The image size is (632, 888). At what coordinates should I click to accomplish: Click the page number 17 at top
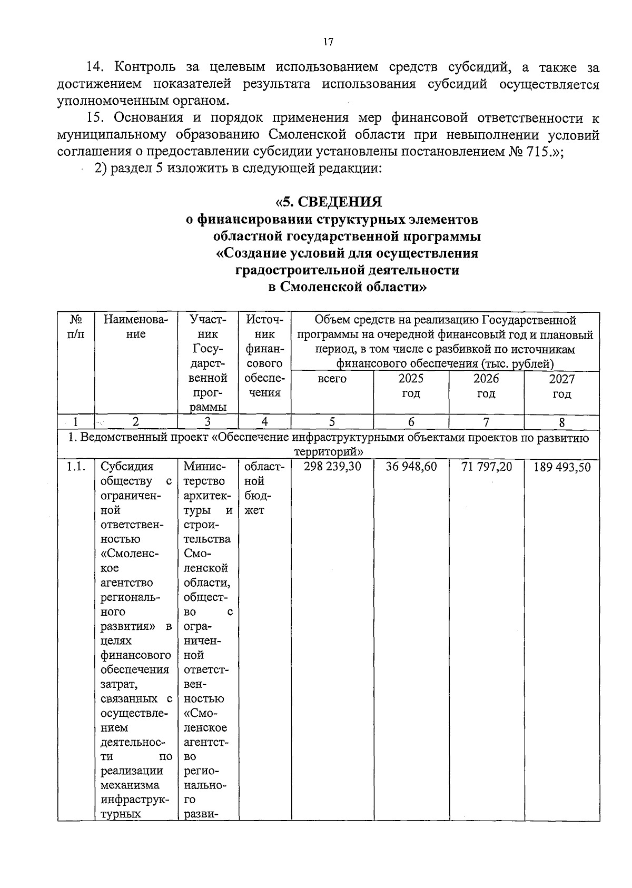click(328, 43)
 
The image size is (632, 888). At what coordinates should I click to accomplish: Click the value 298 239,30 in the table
click(332, 467)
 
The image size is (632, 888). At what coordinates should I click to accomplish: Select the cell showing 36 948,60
click(411, 467)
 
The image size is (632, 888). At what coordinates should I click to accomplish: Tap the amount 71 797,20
click(486, 467)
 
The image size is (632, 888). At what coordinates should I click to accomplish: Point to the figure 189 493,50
click(562, 467)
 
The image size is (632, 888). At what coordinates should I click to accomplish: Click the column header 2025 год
click(411, 386)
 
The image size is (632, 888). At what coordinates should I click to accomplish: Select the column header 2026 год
click(486, 386)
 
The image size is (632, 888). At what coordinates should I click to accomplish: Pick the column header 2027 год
click(562, 387)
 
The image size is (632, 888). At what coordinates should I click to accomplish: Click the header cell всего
click(332, 379)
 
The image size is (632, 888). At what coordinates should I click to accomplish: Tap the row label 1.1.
click(76, 467)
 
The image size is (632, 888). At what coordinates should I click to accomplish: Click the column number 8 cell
click(562, 422)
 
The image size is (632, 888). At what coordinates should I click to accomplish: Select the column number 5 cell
click(332, 421)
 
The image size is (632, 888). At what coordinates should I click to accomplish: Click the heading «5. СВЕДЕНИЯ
click(329, 202)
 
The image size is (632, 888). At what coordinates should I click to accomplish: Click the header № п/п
click(76, 327)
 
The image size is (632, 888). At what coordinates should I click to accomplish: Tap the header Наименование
click(136, 327)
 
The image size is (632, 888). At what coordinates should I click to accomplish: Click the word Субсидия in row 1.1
click(127, 467)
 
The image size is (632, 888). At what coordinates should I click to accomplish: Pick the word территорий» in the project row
click(329, 452)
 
